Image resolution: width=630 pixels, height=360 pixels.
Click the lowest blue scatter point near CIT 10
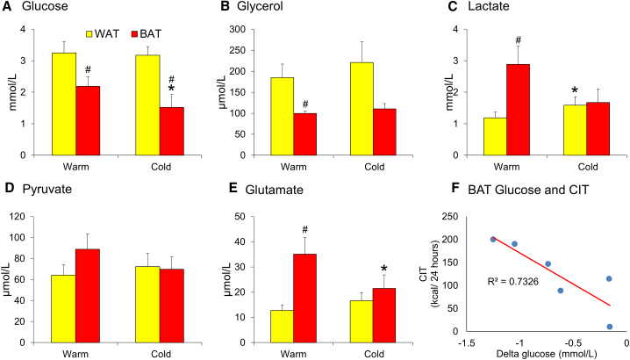point(609,327)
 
